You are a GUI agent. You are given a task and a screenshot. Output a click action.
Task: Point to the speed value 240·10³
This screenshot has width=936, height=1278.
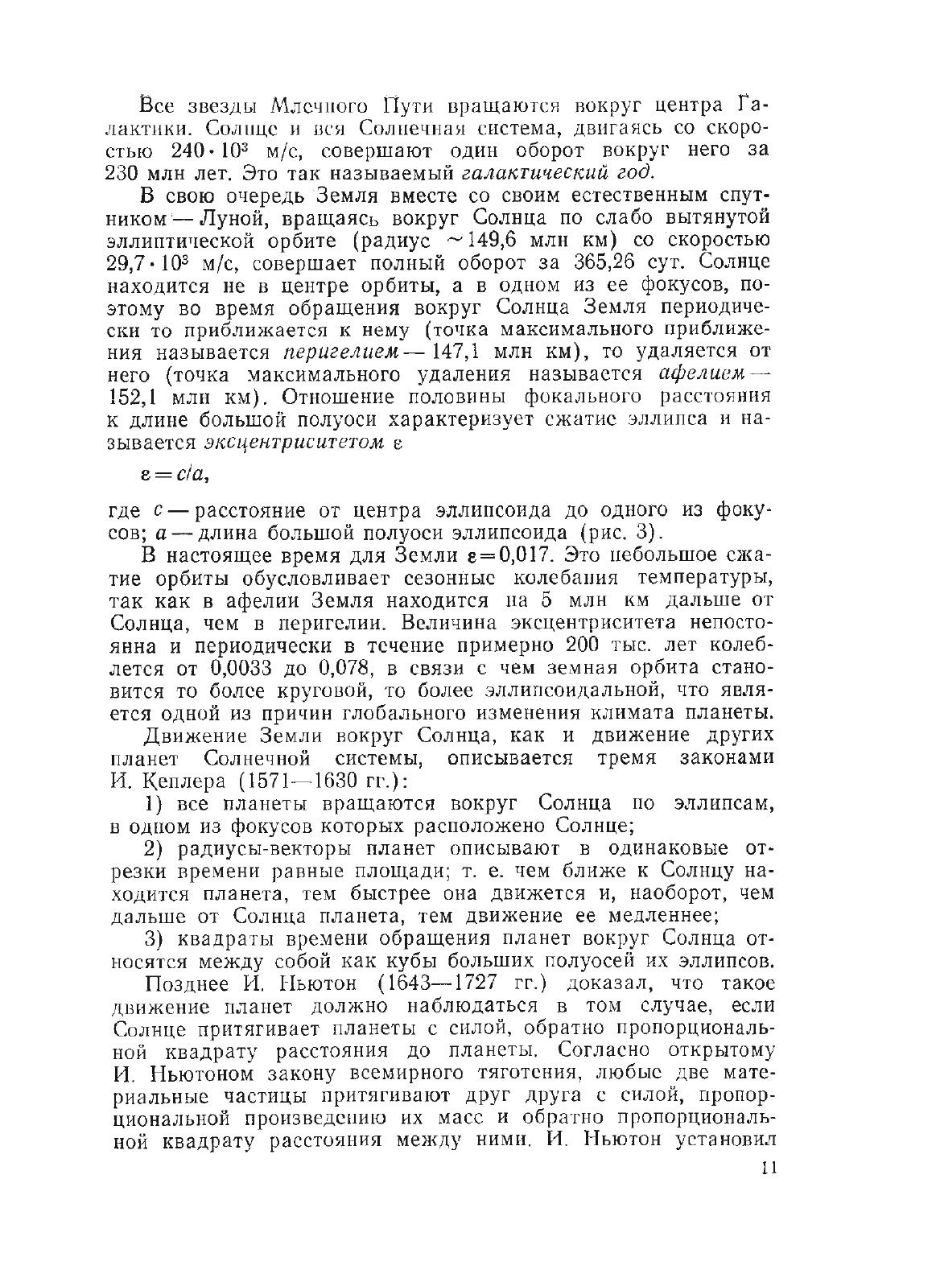pyautogui.click(x=211, y=151)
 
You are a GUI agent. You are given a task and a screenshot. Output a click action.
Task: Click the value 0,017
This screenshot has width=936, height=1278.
pyautogui.click(x=522, y=556)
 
